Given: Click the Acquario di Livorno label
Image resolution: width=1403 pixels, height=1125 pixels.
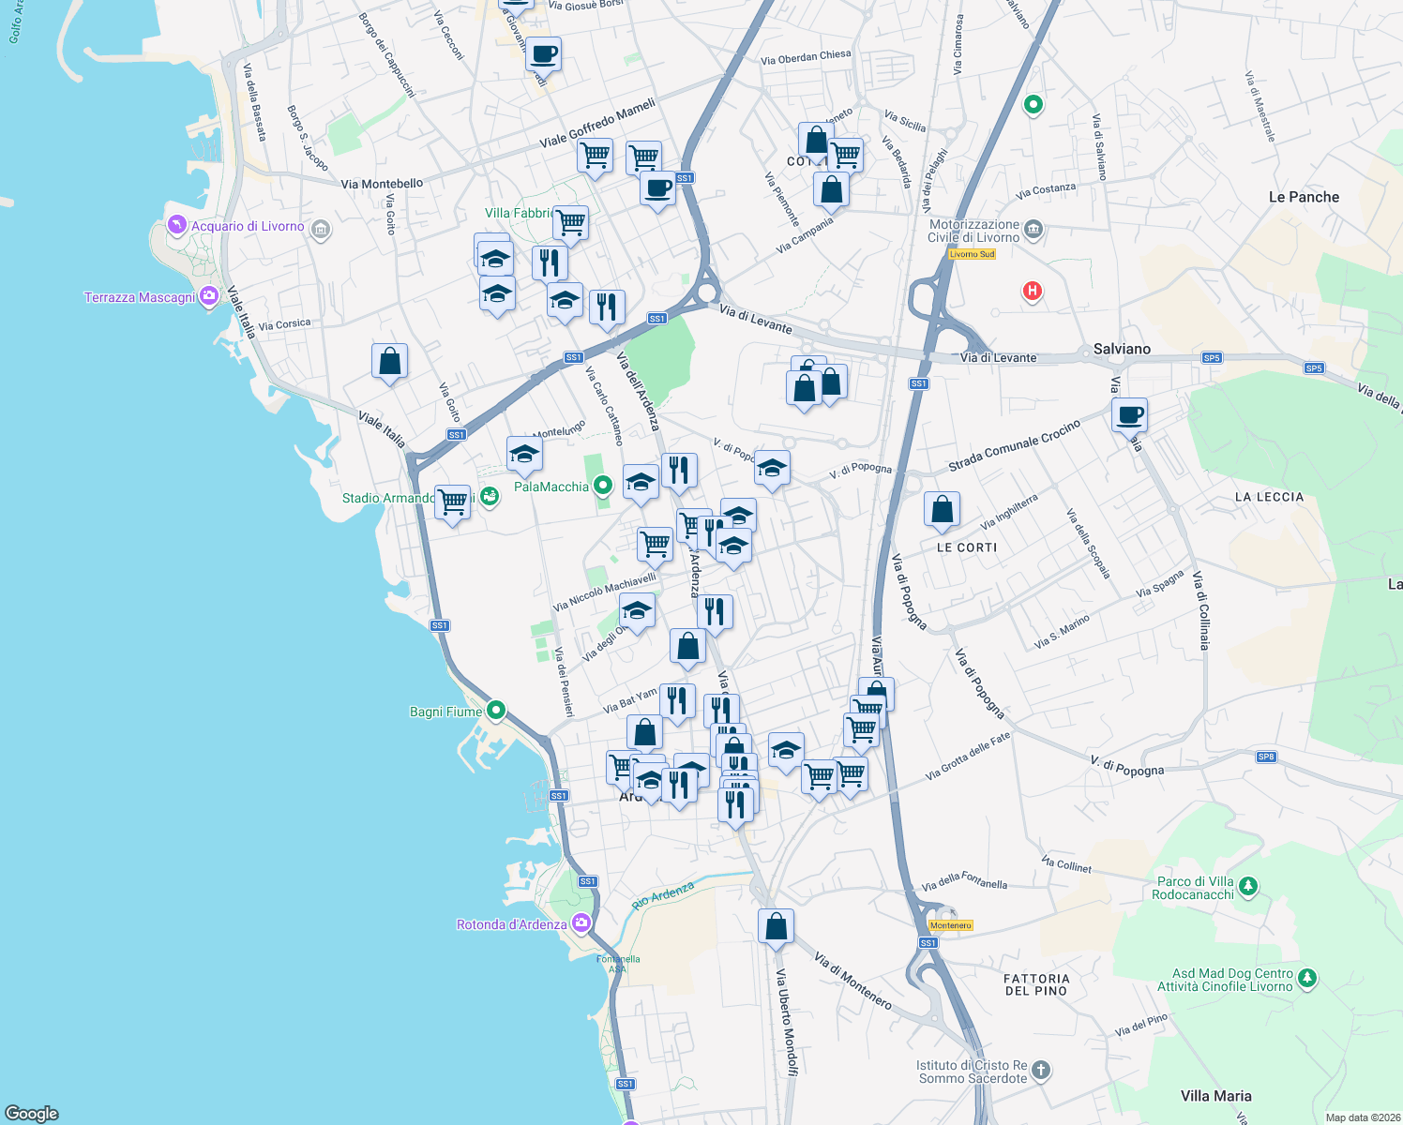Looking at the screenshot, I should pyautogui.click(x=248, y=227).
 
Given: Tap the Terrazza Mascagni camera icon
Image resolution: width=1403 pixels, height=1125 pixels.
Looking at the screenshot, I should pyautogui.click(x=209, y=296).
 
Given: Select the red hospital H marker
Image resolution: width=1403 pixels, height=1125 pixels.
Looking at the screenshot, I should pyautogui.click(x=1033, y=291).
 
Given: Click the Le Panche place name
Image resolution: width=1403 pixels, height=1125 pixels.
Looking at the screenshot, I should pyautogui.click(x=1304, y=197).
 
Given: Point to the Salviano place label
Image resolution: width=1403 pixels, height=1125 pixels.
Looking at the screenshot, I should pyautogui.click(x=1122, y=349).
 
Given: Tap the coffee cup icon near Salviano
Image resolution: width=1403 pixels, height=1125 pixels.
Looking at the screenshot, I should pyautogui.click(x=1130, y=414).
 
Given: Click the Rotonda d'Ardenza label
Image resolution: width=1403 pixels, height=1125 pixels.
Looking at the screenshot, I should pyautogui.click(x=511, y=924).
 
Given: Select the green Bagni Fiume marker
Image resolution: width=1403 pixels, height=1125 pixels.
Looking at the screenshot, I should pyautogui.click(x=497, y=711).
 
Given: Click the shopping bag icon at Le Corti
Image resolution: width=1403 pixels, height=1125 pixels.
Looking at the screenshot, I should pyautogui.click(x=942, y=510).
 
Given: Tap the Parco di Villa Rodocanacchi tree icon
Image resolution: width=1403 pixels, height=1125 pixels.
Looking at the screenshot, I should pyautogui.click(x=1247, y=885).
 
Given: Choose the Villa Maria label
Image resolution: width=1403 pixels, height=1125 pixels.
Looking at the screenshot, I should pyautogui.click(x=1215, y=1096).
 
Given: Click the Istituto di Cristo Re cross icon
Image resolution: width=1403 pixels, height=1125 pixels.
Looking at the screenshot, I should pyautogui.click(x=1040, y=1070).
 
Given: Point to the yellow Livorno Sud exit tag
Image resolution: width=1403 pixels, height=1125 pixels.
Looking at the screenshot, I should pyautogui.click(x=972, y=254).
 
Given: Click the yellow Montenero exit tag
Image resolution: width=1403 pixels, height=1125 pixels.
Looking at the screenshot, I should pyautogui.click(x=950, y=925).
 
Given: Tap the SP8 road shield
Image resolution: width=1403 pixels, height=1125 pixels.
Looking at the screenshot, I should pyautogui.click(x=1266, y=757).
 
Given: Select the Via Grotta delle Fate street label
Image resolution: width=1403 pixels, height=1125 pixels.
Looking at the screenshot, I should pyautogui.click(x=968, y=757).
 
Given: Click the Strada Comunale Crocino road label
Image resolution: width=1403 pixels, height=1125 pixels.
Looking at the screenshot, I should pyautogui.click(x=1014, y=446).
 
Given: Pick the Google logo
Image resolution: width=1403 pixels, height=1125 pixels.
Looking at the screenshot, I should pyautogui.click(x=32, y=1114).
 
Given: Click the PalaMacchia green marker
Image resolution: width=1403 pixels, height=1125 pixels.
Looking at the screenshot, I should pyautogui.click(x=603, y=485).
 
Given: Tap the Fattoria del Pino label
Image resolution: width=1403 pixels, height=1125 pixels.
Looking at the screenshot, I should pyautogui.click(x=1036, y=984).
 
